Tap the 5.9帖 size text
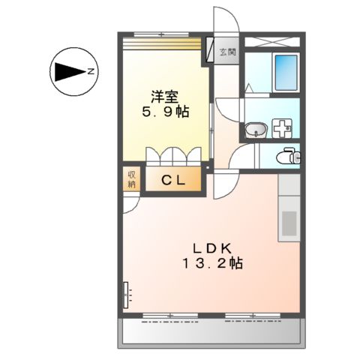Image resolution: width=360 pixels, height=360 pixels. (x=165, y=112)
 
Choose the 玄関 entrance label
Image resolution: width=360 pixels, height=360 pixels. (x=227, y=52)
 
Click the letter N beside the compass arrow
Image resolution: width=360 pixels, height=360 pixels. (x=90, y=72)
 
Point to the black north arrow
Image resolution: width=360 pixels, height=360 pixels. (x=67, y=73)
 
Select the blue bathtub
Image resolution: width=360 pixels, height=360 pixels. (x=285, y=72)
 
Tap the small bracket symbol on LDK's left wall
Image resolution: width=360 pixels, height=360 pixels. (x=127, y=295)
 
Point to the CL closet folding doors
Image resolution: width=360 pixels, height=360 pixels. (x=174, y=154)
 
